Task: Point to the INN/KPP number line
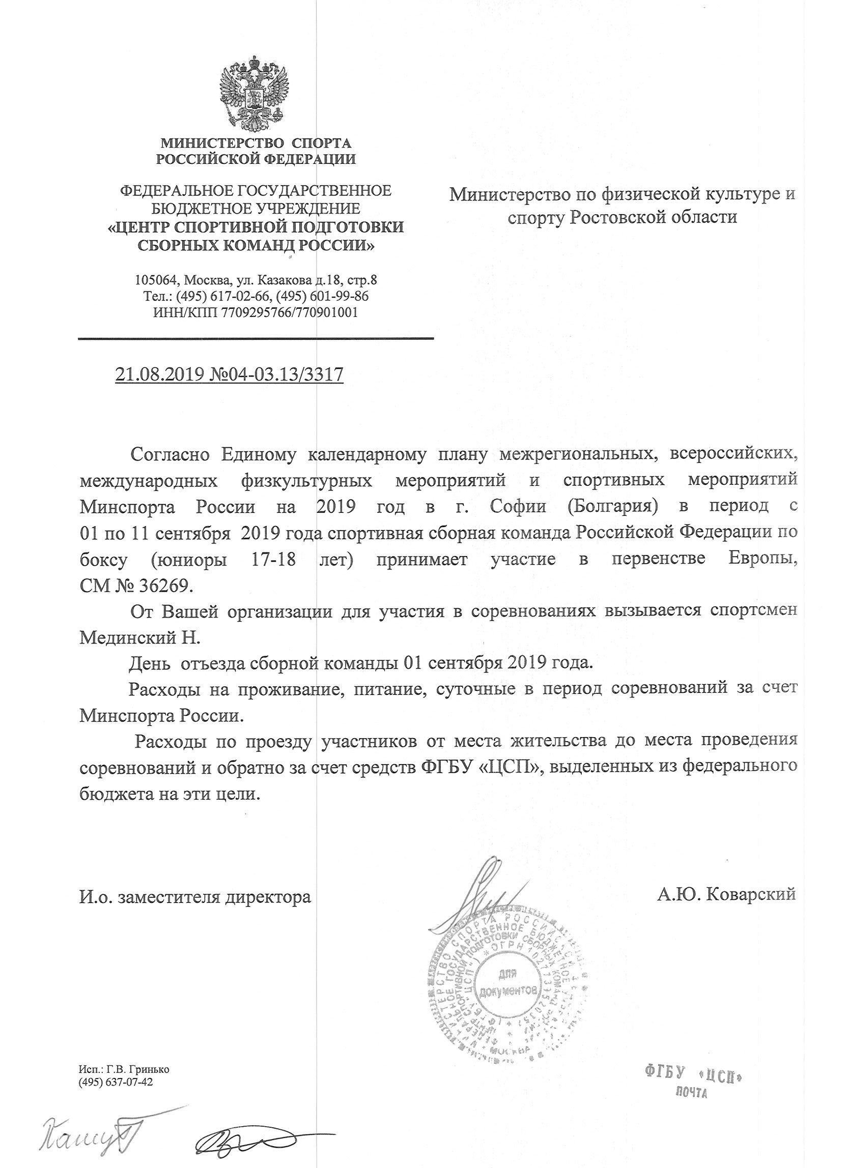tap(256, 312)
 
